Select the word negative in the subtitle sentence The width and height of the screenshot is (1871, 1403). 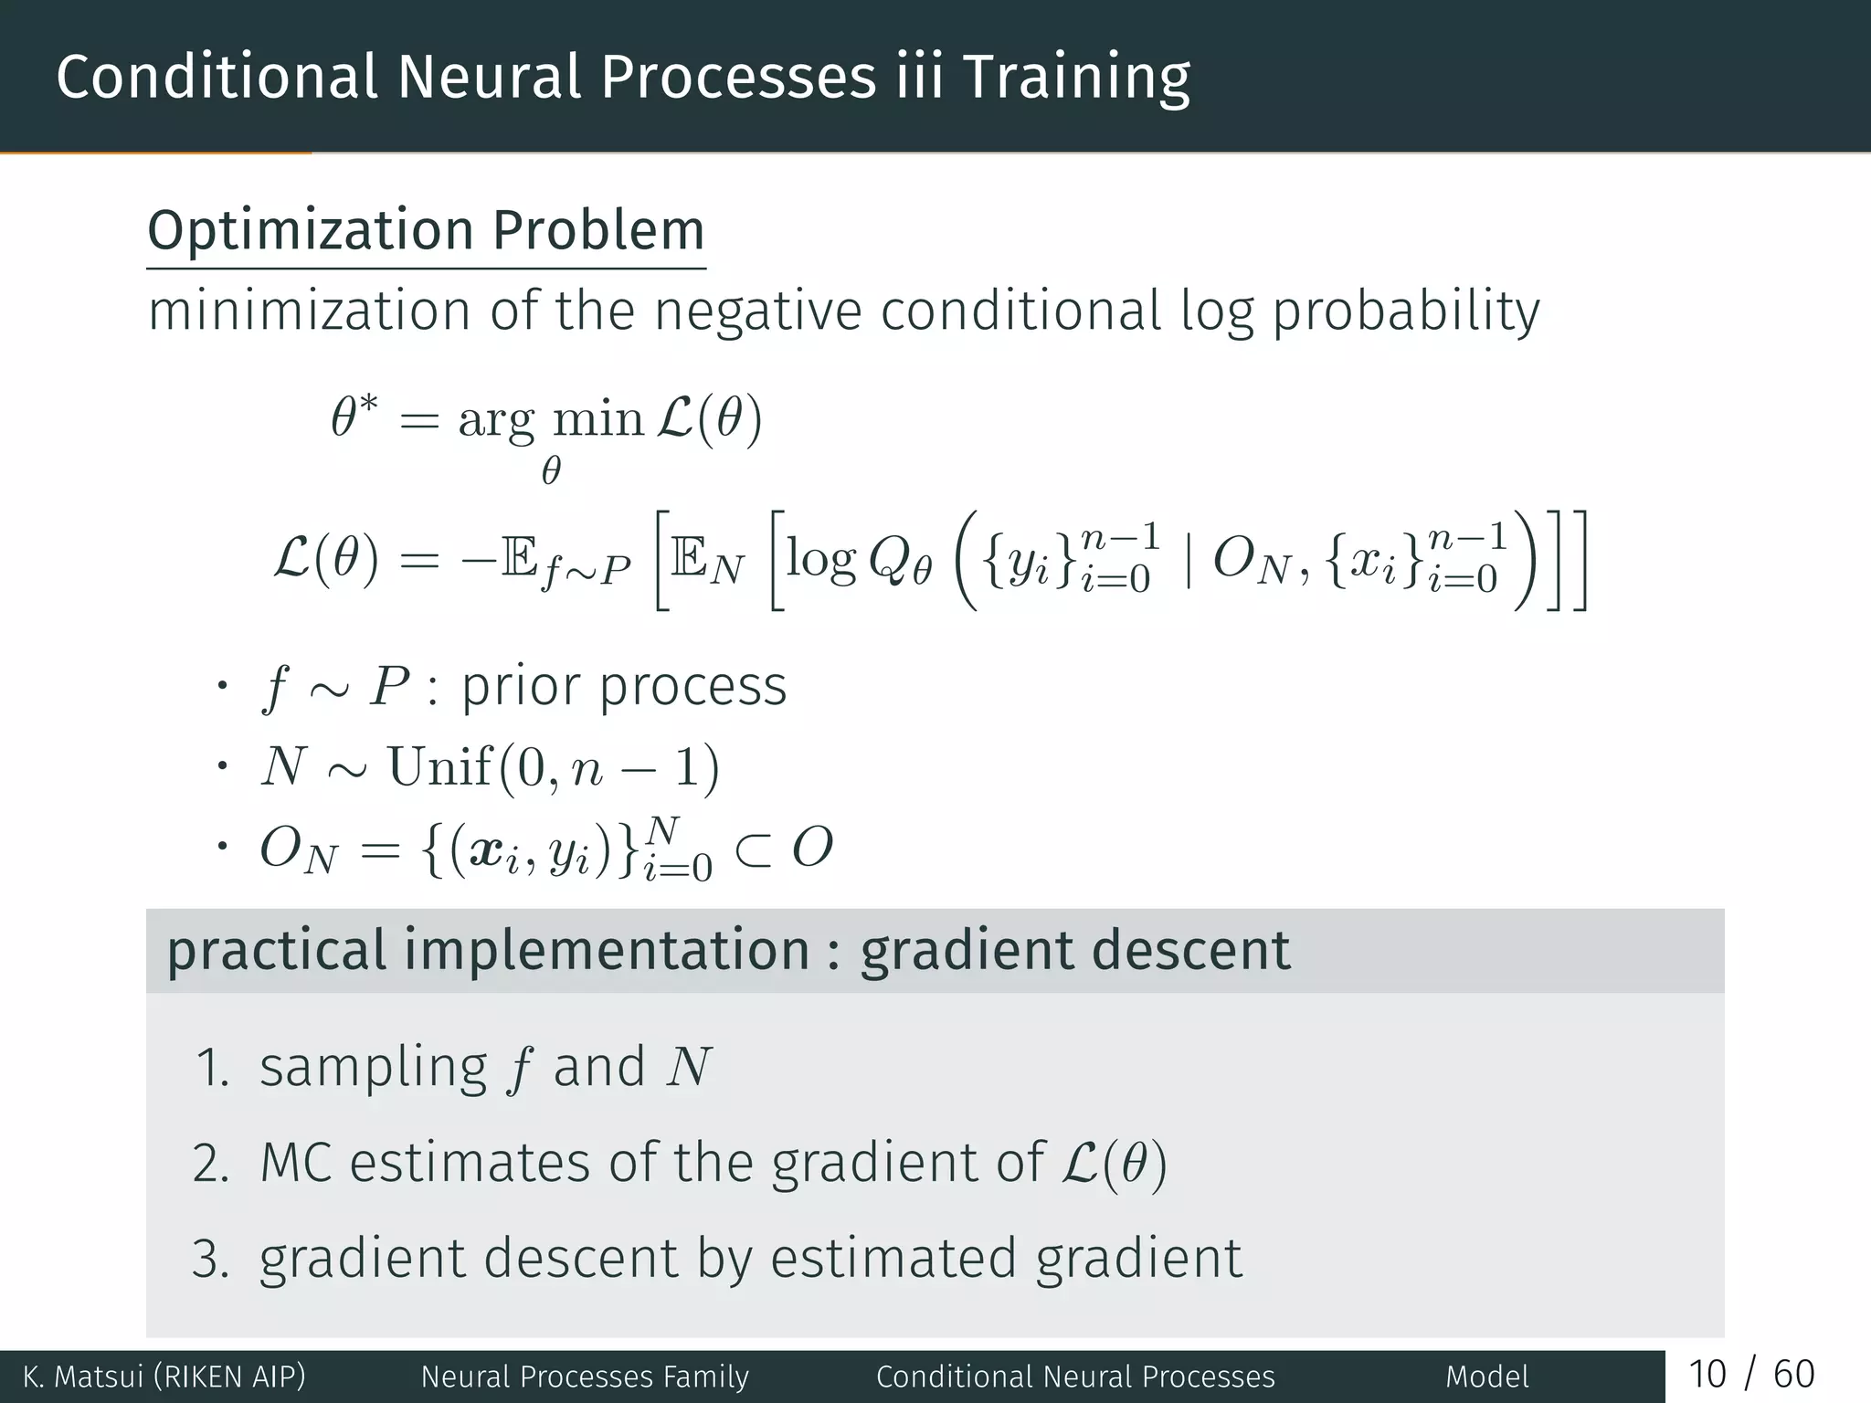[x=756, y=312]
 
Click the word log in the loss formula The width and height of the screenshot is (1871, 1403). [x=820, y=559]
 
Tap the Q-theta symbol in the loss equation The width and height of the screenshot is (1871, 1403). [x=899, y=561]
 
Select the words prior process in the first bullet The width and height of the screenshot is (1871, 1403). [x=624, y=687]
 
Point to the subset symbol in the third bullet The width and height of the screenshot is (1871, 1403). [x=755, y=849]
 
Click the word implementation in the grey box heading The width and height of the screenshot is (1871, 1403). [x=607, y=950]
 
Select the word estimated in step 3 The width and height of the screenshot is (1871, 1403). [x=893, y=1258]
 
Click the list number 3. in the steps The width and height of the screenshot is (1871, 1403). [x=210, y=1259]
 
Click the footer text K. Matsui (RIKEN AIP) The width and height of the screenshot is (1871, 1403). [x=164, y=1377]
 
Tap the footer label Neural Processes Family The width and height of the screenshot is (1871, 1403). [x=585, y=1377]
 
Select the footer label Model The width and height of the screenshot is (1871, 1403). [x=1486, y=1377]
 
